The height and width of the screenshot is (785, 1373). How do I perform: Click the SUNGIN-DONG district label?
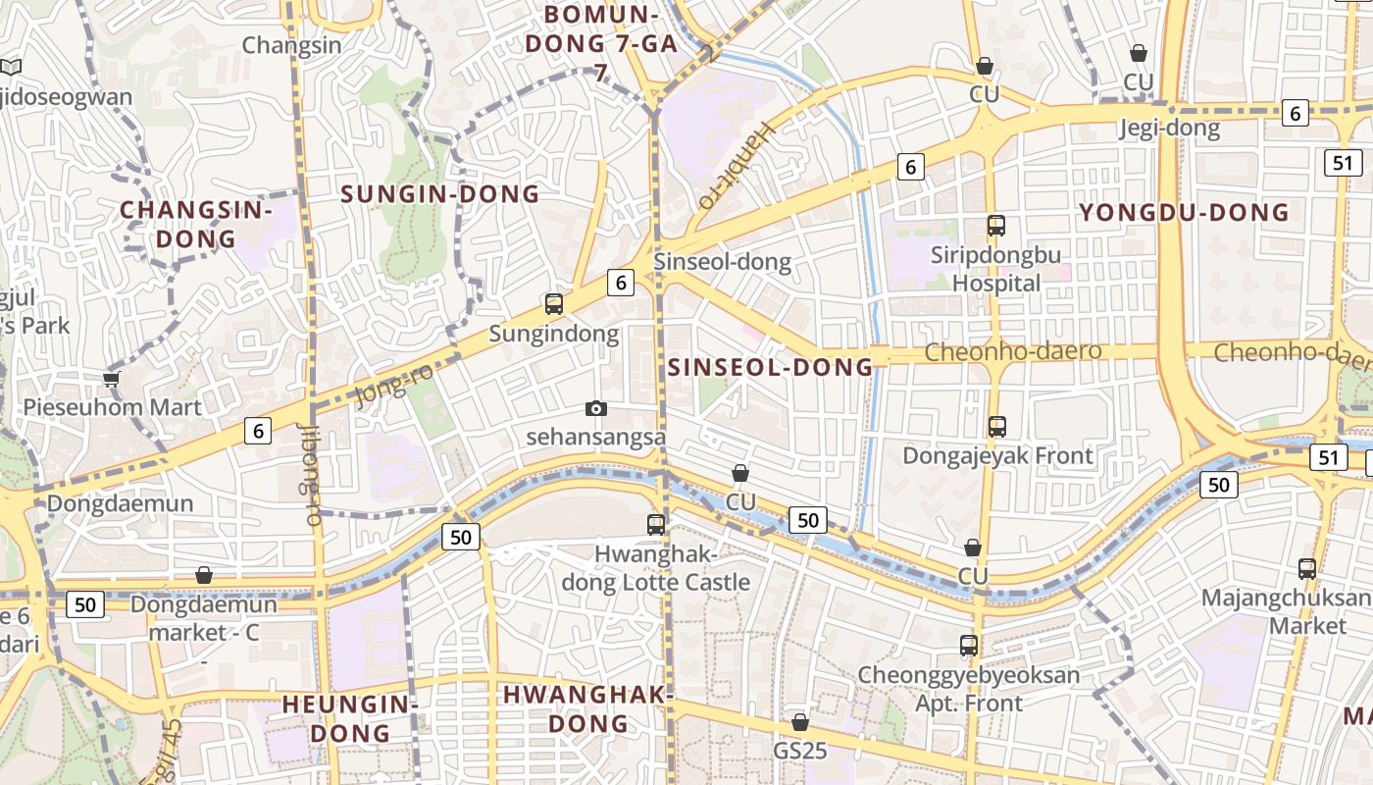(x=440, y=193)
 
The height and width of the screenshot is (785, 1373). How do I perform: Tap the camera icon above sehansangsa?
(x=595, y=408)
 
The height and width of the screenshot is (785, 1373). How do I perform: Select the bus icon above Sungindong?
(x=554, y=304)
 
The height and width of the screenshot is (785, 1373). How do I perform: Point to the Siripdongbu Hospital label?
(x=996, y=269)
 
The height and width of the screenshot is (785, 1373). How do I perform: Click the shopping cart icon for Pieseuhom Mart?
(x=111, y=378)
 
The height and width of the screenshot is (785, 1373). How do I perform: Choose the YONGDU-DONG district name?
(x=1184, y=213)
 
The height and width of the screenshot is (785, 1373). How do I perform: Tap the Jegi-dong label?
(x=1170, y=128)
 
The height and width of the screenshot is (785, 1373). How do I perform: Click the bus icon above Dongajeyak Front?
(x=997, y=427)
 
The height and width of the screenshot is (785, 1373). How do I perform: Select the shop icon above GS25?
(x=800, y=723)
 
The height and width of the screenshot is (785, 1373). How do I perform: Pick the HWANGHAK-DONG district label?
(x=587, y=708)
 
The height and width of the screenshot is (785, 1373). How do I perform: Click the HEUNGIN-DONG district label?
(x=350, y=717)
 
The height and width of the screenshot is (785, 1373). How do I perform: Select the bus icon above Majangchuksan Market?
(x=1306, y=568)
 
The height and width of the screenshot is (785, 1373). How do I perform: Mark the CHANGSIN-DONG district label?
(x=196, y=224)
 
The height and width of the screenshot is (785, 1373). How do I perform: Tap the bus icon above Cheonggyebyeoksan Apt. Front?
(x=969, y=646)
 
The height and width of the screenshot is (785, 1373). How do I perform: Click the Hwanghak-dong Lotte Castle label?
(x=656, y=569)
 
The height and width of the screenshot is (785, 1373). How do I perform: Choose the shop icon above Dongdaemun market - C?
(x=204, y=575)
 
